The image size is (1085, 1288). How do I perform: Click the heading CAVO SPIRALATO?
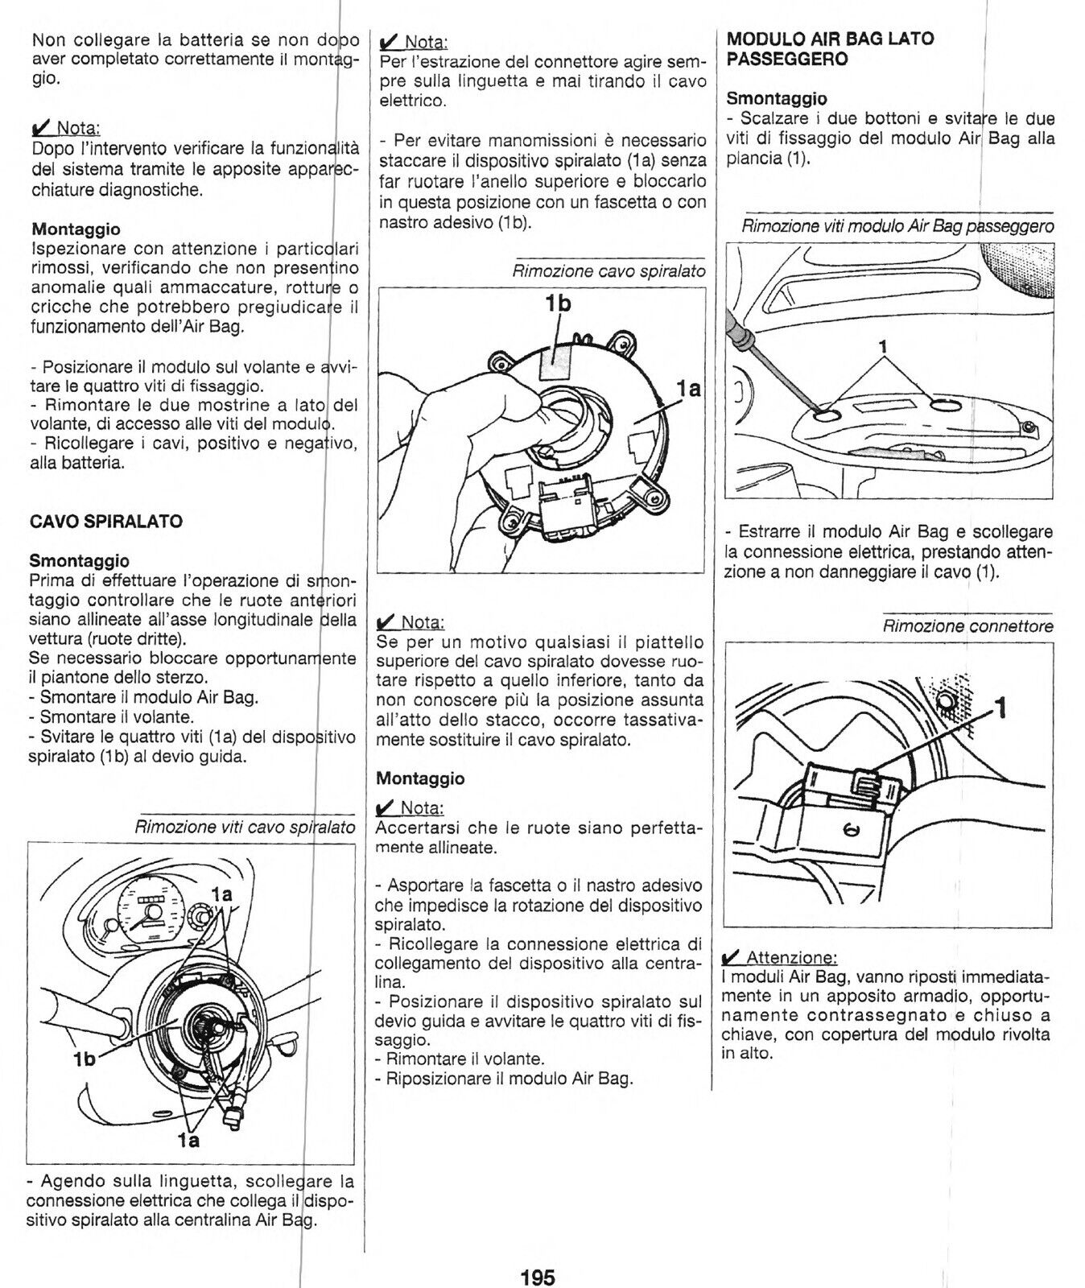point(105,521)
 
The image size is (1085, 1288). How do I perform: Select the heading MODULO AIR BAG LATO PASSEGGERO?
point(830,48)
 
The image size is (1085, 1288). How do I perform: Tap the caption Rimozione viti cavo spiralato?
point(245,827)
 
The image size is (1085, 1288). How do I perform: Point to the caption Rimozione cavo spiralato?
point(609,271)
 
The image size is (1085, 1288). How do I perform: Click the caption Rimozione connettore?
point(967,626)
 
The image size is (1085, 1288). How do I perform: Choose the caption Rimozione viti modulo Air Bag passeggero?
point(897,226)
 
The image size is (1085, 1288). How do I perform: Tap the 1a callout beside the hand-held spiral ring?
point(688,389)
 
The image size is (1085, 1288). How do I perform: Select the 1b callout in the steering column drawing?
point(84,1059)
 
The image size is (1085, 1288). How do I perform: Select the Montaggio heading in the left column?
point(75,230)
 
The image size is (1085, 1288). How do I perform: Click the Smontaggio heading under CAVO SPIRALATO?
point(79,559)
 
